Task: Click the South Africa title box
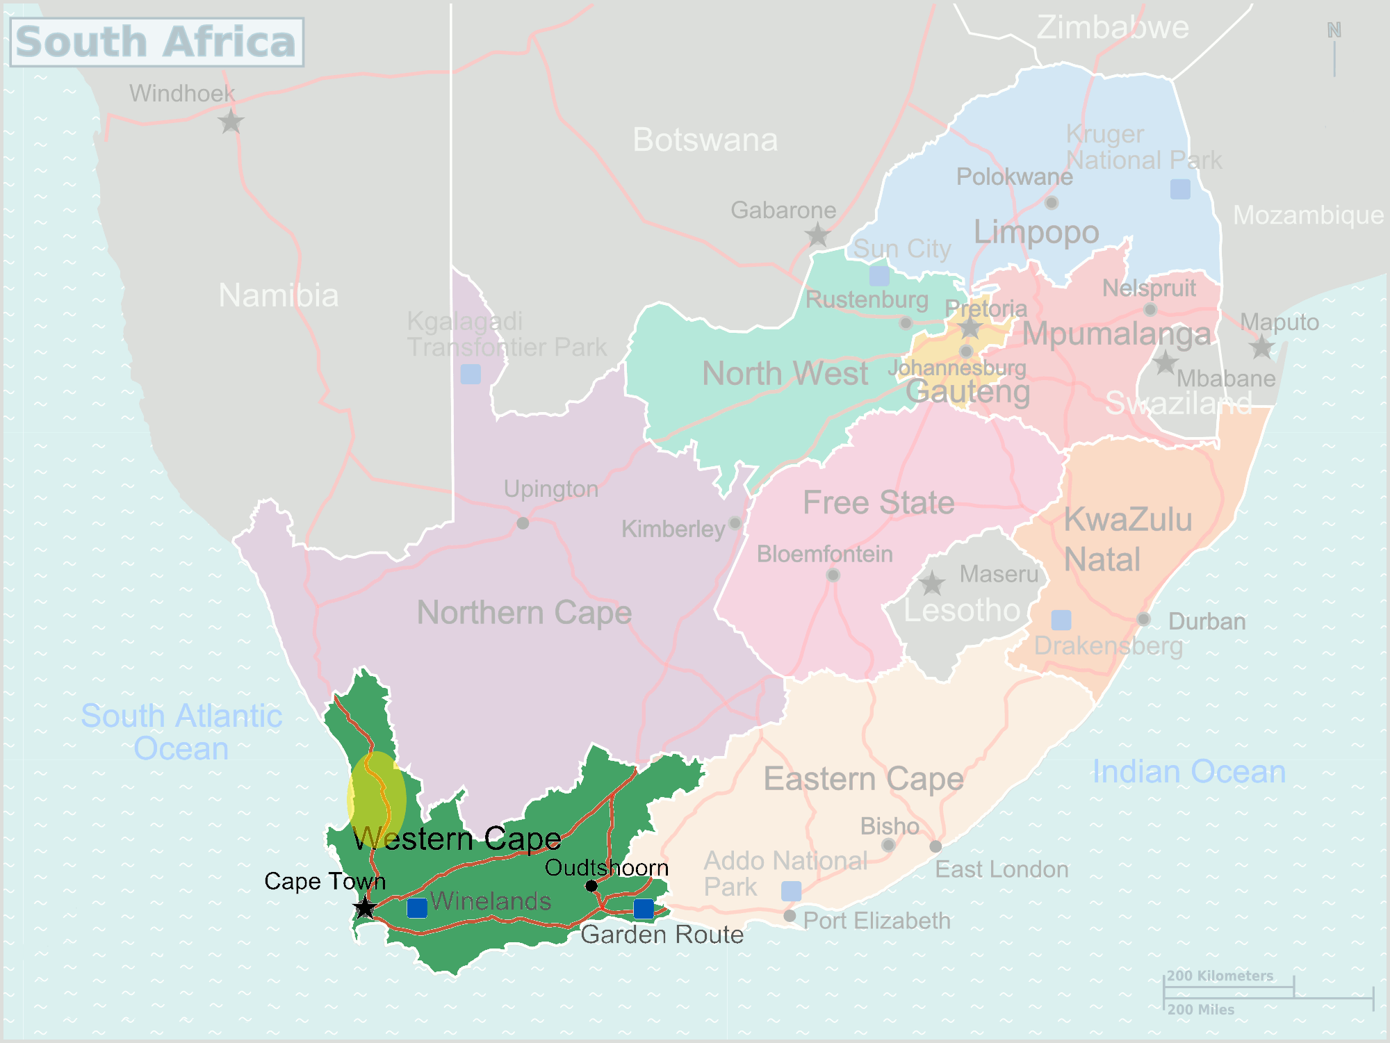coord(157,42)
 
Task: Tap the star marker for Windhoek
coord(230,122)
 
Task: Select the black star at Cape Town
coord(364,907)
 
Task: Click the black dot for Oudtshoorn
coord(591,885)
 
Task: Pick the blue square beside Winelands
coord(417,908)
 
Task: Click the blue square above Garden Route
coord(644,908)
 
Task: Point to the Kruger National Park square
coord(1180,189)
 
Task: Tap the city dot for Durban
coord(1143,619)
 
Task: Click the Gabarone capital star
coord(818,235)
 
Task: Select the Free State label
coord(878,502)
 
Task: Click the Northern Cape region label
coord(524,613)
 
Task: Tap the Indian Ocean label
coord(1188,772)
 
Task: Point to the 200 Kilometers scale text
coord(1220,976)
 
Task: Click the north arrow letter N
coord(1334,30)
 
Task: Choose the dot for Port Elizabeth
coord(790,916)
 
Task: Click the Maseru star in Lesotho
coord(931,584)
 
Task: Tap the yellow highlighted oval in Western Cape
coord(377,799)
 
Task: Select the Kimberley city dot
coord(735,523)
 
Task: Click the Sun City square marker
coord(879,276)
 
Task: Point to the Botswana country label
coord(705,140)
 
